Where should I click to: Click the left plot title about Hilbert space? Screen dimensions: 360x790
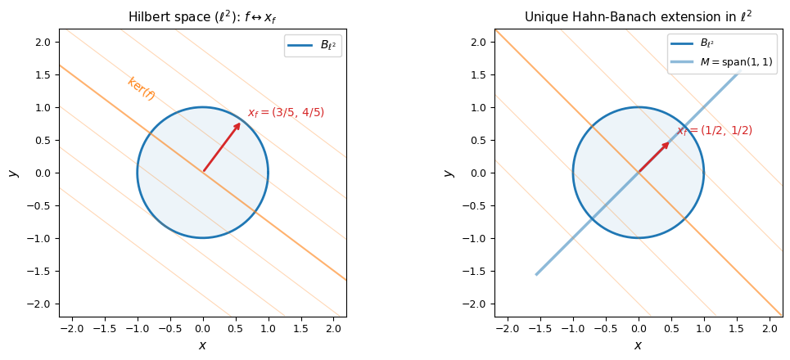(202, 17)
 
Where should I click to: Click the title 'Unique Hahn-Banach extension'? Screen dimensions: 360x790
(638, 17)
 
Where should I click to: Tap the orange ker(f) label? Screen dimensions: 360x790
(141, 88)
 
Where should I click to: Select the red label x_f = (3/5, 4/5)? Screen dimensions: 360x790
(286, 113)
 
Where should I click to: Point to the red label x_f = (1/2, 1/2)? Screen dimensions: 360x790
(714, 131)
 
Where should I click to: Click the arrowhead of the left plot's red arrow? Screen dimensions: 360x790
(238, 125)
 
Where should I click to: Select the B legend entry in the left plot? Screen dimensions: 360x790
(313, 46)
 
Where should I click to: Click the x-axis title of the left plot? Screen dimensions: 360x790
(202, 345)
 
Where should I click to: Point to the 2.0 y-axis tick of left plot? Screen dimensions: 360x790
(43, 42)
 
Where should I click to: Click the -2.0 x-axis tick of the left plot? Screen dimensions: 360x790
(72, 328)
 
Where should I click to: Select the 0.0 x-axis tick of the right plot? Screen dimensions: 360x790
(638, 328)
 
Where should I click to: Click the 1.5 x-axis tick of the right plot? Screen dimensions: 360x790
(736, 328)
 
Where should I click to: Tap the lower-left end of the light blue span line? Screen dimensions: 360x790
(537, 274)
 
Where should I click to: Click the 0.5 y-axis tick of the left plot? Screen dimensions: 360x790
(43, 140)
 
